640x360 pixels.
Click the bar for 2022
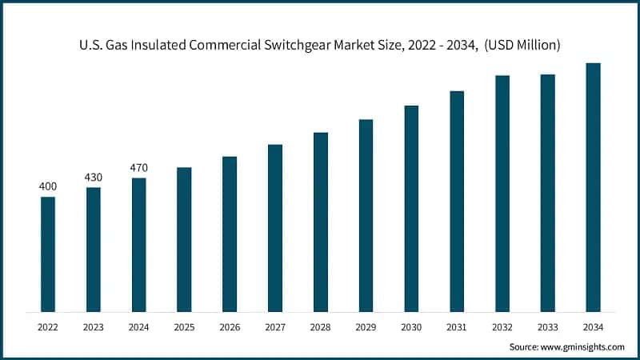pyautogui.click(x=48, y=254)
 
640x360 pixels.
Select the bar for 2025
pyautogui.click(x=184, y=239)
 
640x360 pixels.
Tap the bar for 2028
pyautogui.click(x=321, y=222)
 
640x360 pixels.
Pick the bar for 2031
pyautogui.click(x=457, y=201)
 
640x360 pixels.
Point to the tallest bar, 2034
pyautogui.click(x=593, y=187)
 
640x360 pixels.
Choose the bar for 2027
pyautogui.click(x=275, y=228)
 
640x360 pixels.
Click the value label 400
pyautogui.click(x=48, y=186)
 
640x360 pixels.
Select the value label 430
pyautogui.click(x=94, y=177)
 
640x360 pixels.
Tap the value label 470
pyautogui.click(x=139, y=167)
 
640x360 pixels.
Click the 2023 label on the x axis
pyautogui.click(x=94, y=326)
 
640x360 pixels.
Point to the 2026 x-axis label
pyautogui.click(x=230, y=326)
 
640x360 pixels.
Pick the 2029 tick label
pyautogui.click(x=366, y=326)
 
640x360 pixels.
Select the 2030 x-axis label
pyautogui.click(x=411, y=326)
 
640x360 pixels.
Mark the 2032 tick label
pyautogui.click(x=502, y=326)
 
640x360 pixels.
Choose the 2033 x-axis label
pyautogui.click(x=547, y=326)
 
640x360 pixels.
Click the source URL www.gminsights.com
pyautogui.click(x=584, y=347)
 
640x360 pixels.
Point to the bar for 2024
pyautogui.click(x=139, y=244)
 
